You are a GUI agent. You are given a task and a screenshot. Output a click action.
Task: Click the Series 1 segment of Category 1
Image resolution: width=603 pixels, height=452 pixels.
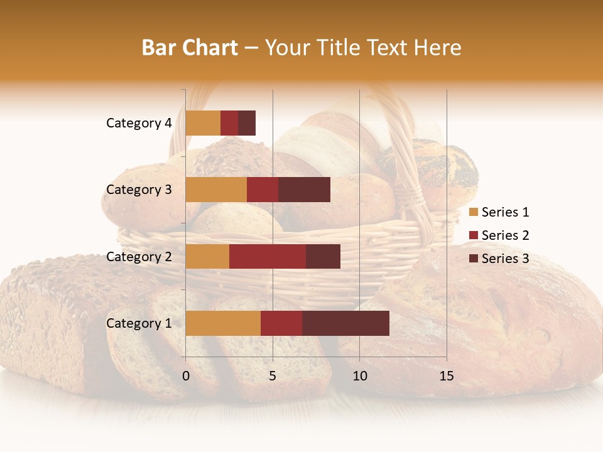point(223,323)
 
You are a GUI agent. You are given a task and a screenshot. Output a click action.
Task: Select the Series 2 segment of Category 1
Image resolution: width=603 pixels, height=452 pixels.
point(281,323)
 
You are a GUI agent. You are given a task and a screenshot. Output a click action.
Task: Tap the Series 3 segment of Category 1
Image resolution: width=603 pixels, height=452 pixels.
point(345,323)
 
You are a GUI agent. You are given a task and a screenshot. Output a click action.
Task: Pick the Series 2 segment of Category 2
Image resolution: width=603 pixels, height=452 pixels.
point(268,256)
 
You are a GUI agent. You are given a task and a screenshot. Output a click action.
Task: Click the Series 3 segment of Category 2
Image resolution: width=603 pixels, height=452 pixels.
point(323,256)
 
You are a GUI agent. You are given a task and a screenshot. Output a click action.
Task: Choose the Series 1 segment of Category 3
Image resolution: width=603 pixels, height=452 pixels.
point(216,190)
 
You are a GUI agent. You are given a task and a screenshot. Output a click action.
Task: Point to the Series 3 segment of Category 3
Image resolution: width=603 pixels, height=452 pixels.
point(304,190)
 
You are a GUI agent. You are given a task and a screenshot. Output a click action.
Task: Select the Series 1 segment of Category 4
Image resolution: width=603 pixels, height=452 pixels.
point(203,123)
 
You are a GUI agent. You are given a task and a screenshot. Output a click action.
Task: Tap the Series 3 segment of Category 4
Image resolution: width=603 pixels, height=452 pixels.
point(247,123)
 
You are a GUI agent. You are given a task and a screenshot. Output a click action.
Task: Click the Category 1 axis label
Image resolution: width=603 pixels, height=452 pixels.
point(139,323)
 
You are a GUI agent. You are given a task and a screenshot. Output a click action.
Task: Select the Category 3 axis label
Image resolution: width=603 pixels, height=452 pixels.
point(139,190)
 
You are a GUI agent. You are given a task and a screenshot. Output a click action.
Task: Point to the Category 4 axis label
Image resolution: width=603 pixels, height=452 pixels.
point(139,123)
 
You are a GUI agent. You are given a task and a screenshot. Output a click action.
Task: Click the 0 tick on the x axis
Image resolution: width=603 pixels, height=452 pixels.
point(186,376)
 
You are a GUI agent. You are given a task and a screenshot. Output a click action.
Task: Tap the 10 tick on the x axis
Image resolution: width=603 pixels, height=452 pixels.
point(359,376)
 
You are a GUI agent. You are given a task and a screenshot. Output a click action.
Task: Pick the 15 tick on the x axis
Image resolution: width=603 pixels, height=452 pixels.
point(447,376)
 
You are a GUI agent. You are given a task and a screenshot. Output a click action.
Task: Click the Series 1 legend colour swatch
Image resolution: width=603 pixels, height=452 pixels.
point(473,212)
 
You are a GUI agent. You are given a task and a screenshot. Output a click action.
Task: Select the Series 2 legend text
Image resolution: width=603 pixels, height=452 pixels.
point(505,235)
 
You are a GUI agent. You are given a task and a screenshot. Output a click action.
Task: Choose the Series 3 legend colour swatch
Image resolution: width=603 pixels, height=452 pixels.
point(473,259)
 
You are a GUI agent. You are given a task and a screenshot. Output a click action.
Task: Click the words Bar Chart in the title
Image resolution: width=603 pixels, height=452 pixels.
point(190,48)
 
